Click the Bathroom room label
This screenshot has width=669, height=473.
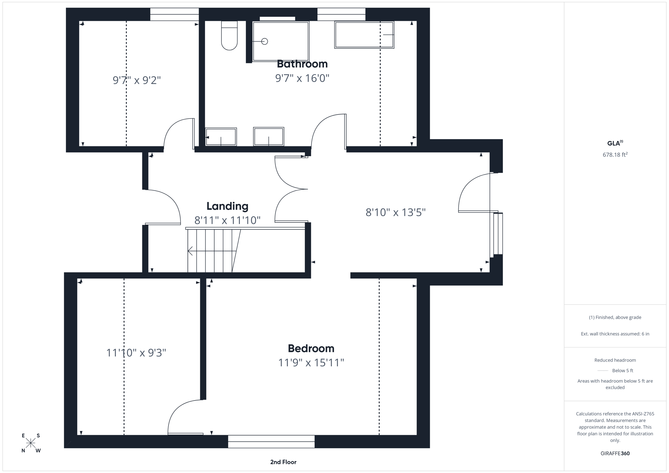302,64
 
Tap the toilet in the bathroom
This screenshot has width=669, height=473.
229,36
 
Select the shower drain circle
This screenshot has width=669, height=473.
265,41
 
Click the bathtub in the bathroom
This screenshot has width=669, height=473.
364,35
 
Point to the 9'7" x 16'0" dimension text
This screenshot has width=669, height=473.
302,78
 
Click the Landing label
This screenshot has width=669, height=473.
227,206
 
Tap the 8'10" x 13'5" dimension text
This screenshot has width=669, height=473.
395,213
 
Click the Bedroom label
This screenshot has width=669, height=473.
311,348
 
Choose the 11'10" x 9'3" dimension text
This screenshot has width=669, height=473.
136,353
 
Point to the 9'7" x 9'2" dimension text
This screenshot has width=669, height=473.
137,80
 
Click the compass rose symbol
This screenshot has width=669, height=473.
31,443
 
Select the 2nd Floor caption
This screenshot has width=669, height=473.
283,462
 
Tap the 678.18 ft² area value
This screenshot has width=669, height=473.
615,155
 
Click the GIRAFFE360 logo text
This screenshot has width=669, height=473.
615,453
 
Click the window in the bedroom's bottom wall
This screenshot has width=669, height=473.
271,441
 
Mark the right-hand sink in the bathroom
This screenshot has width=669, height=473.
269,136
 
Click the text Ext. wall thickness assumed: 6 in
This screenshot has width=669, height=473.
615,334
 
